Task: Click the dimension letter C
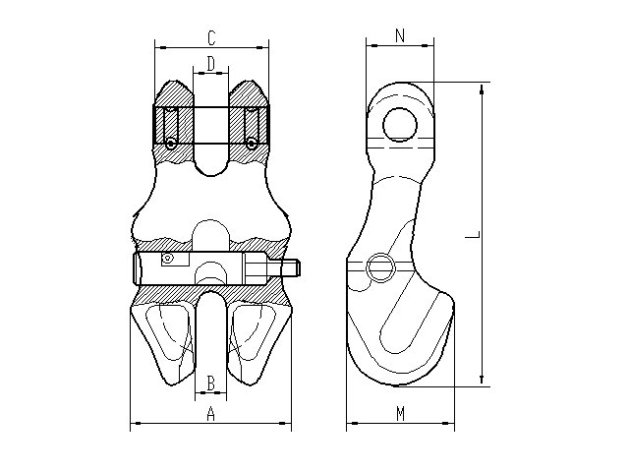211,38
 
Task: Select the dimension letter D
211,63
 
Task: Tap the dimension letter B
211,383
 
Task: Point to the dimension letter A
210,414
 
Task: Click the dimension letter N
400,35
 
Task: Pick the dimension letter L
472,235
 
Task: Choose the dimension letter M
400,414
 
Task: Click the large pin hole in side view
400,125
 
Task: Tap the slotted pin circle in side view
380,267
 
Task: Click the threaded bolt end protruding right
291,268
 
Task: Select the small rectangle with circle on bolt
175,259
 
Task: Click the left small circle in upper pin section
171,144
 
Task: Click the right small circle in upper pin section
252,144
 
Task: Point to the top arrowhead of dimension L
482,88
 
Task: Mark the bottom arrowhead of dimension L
482,381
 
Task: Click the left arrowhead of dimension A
136,423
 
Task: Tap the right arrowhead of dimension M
449,423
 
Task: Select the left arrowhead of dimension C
160,48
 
